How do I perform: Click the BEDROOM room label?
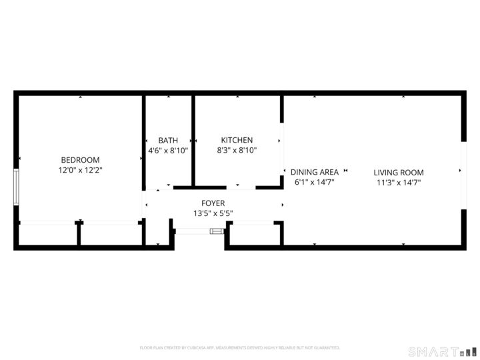80,160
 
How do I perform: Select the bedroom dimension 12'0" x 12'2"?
80,171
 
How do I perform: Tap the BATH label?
168,141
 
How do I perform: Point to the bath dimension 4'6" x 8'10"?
168,151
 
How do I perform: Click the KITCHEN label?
237,141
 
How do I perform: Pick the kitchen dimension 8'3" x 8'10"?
237,151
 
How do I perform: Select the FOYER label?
213,203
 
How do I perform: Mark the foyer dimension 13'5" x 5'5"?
213,214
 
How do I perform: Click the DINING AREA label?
315,171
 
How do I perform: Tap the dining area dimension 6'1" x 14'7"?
315,182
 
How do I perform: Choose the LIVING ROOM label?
398,171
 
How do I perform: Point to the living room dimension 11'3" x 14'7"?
398,182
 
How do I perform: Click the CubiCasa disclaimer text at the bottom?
240,348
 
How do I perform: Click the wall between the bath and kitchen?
193,140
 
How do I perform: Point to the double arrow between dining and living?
345,171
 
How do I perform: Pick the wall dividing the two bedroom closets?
79,233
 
